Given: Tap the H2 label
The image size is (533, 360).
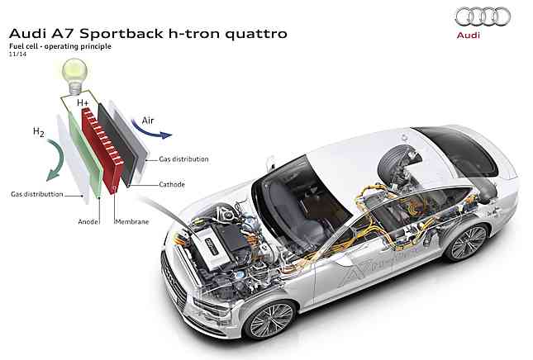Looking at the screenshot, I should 38,132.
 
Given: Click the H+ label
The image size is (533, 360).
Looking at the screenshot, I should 83,104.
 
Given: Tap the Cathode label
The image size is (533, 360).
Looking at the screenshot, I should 172,184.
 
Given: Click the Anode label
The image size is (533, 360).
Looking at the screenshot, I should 88,220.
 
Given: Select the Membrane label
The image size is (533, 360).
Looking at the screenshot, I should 131,220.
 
